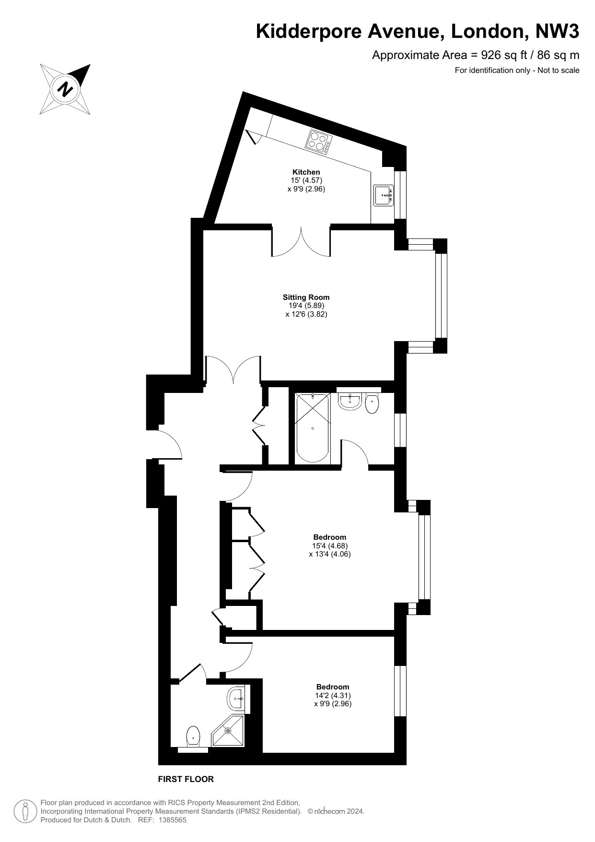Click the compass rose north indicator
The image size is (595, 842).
pyautogui.click(x=65, y=89)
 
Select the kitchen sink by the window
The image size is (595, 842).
pyautogui.click(x=384, y=195)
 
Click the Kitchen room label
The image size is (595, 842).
pyautogui.click(x=306, y=172)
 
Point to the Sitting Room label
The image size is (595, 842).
pyautogui.click(x=306, y=297)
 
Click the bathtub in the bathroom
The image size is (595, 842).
pyautogui.click(x=313, y=428)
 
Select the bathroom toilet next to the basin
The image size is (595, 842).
pyautogui.click(x=372, y=403)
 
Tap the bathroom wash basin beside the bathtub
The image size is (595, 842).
pyautogui.click(x=350, y=401)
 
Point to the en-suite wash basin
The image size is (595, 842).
pyautogui.click(x=237, y=699)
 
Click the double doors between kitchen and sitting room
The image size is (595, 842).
pyautogui.click(x=301, y=242)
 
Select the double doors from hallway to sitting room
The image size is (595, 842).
pyautogui.click(x=233, y=369)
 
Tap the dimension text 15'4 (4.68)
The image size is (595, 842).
pyautogui.click(x=330, y=546)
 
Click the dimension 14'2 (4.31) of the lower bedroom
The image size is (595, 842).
pyautogui.click(x=333, y=696)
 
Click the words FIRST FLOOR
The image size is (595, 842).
pyautogui.click(x=186, y=779)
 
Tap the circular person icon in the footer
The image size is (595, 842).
pyautogui.click(x=25, y=811)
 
